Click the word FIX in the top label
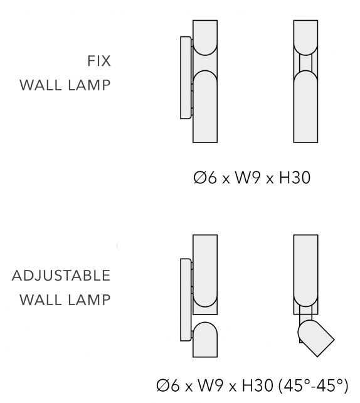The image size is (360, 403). tap(99, 61)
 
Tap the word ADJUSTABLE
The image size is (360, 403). tap(61, 276)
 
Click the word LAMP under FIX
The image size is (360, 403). tap(89, 85)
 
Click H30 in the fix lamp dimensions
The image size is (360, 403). tap(295, 178)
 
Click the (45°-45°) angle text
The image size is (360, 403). tap(313, 385)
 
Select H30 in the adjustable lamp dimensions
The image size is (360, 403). tap(257, 385)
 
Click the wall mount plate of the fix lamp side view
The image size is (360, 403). tap(186, 78)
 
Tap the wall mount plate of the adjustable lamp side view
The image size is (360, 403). tap(186, 299)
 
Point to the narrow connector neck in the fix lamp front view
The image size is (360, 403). tap(306, 62)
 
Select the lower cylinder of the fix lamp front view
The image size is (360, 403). tap(306, 107)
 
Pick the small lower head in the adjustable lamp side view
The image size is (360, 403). tap(205, 340)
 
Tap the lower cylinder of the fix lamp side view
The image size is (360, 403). tap(205, 107)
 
